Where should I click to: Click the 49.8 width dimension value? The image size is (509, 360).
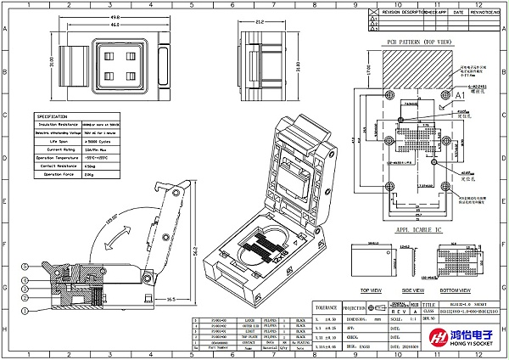114,16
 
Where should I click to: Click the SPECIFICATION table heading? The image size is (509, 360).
52,116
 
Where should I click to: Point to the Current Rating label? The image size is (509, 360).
51,149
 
